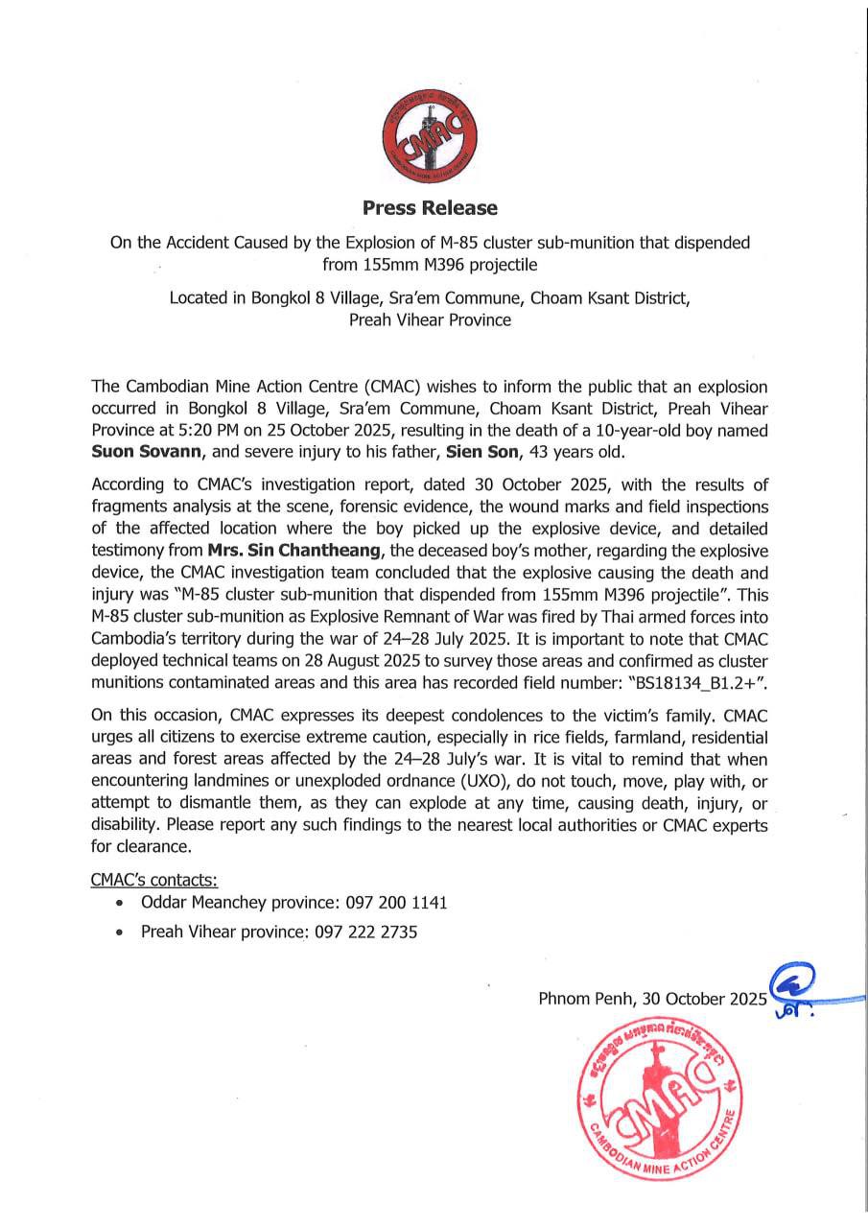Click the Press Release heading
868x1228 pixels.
point(430,207)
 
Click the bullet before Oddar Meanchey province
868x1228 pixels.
point(119,904)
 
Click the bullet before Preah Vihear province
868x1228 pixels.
point(119,933)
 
